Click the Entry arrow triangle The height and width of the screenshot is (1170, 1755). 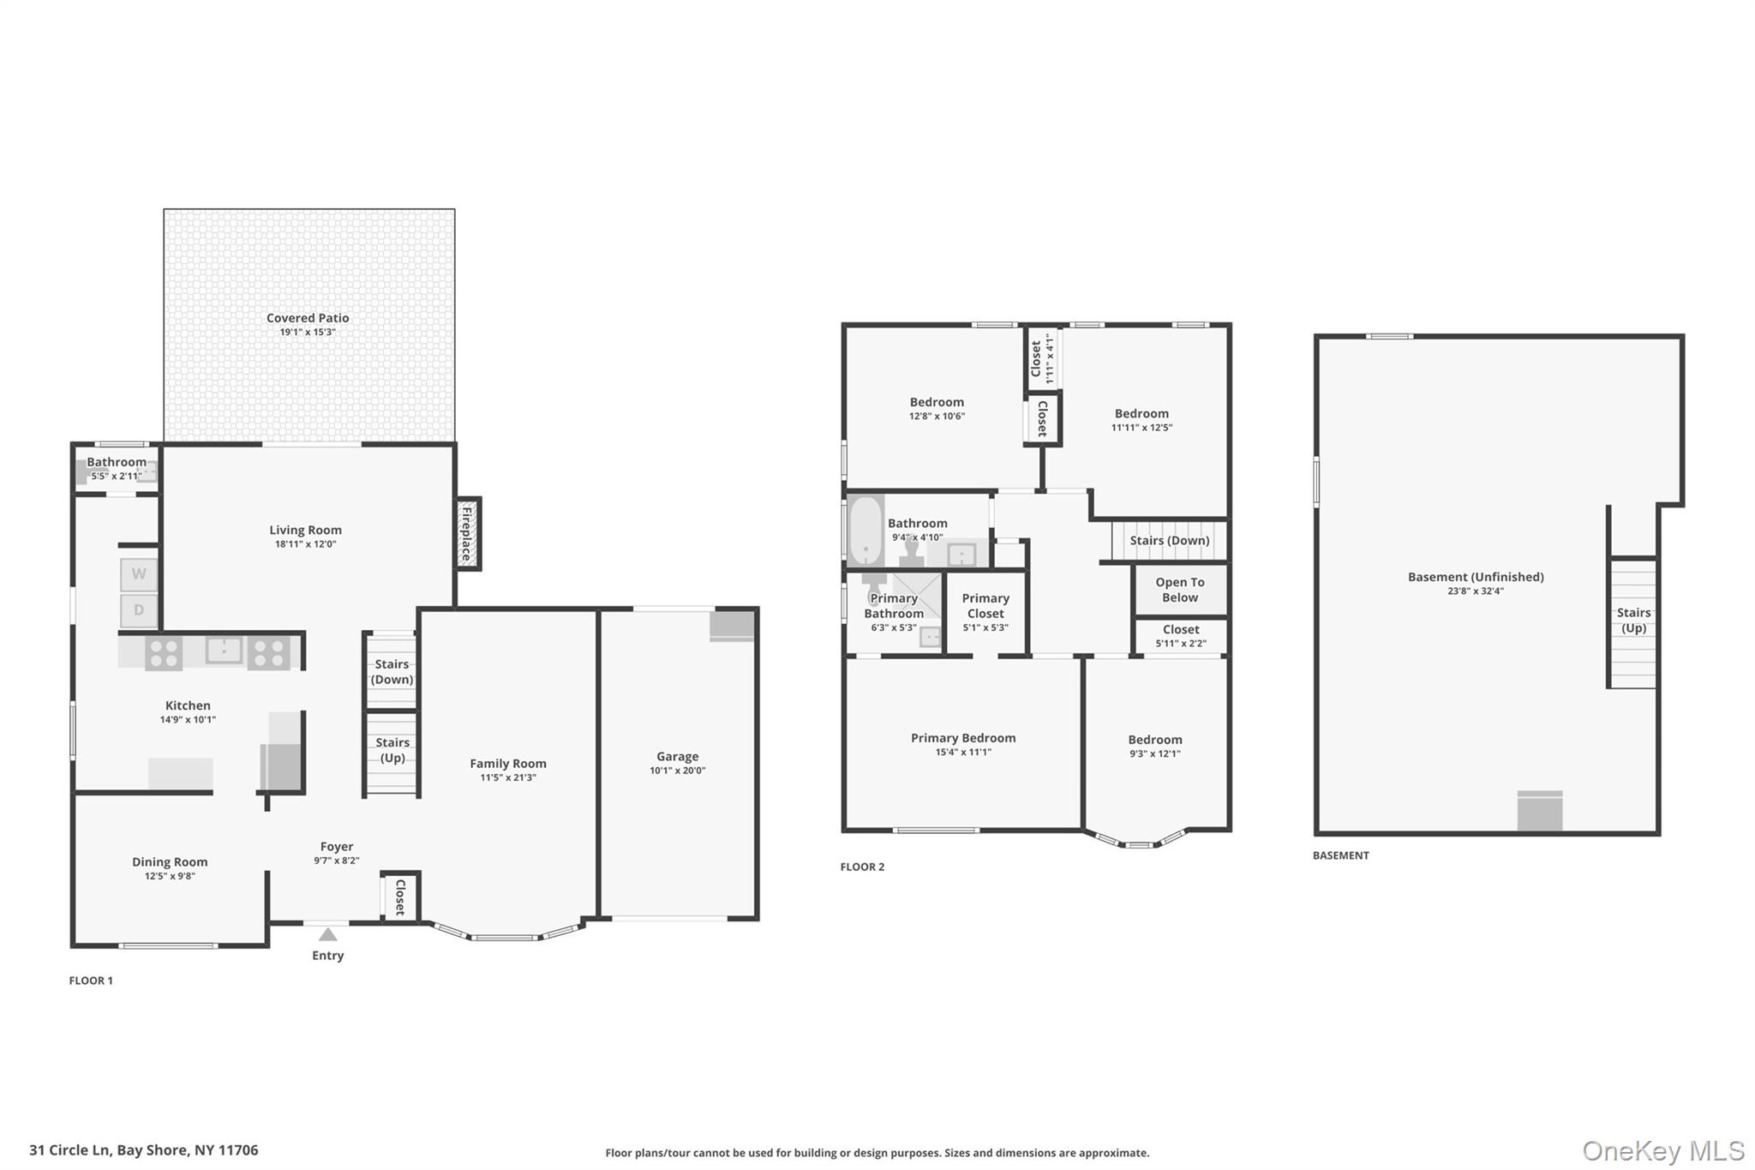pyautogui.click(x=327, y=934)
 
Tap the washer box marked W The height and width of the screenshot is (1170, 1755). pyautogui.click(x=139, y=574)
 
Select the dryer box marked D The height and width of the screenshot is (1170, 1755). pyautogui.click(x=139, y=610)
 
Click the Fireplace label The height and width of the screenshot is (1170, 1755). pyautogui.click(x=467, y=533)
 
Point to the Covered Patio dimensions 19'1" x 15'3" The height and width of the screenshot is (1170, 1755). pyautogui.click(x=308, y=333)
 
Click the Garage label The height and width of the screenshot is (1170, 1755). pyautogui.click(x=678, y=756)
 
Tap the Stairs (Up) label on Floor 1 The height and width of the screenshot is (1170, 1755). pyautogui.click(x=392, y=750)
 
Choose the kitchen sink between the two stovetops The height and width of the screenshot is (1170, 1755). pyautogui.click(x=225, y=651)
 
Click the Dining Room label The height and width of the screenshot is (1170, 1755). pyautogui.click(x=170, y=862)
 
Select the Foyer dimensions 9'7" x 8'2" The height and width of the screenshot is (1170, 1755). pyautogui.click(x=337, y=861)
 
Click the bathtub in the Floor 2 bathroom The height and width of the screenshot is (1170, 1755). pyautogui.click(x=866, y=531)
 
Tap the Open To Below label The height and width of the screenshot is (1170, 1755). pyautogui.click(x=1180, y=590)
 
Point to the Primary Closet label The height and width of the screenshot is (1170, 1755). pyautogui.click(x=985, y=606)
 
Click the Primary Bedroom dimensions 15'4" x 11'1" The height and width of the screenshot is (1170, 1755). pyautogui.click(x=963, y=753)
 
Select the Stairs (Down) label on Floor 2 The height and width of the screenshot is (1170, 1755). pyautogui.click(x=1170, y=541)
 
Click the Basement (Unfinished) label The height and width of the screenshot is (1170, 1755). pyautogui.click(x=1476, y=577)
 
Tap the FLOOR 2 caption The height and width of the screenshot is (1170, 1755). pyautogui.click(x=862, y=867)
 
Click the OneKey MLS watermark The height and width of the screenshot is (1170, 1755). pyautogui.click(x=1663, y=1151)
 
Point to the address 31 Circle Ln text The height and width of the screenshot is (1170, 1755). pyautogui.click(x=69, y=1150)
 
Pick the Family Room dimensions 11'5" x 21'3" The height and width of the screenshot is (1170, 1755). pyautogui.click(x=508, y=778)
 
